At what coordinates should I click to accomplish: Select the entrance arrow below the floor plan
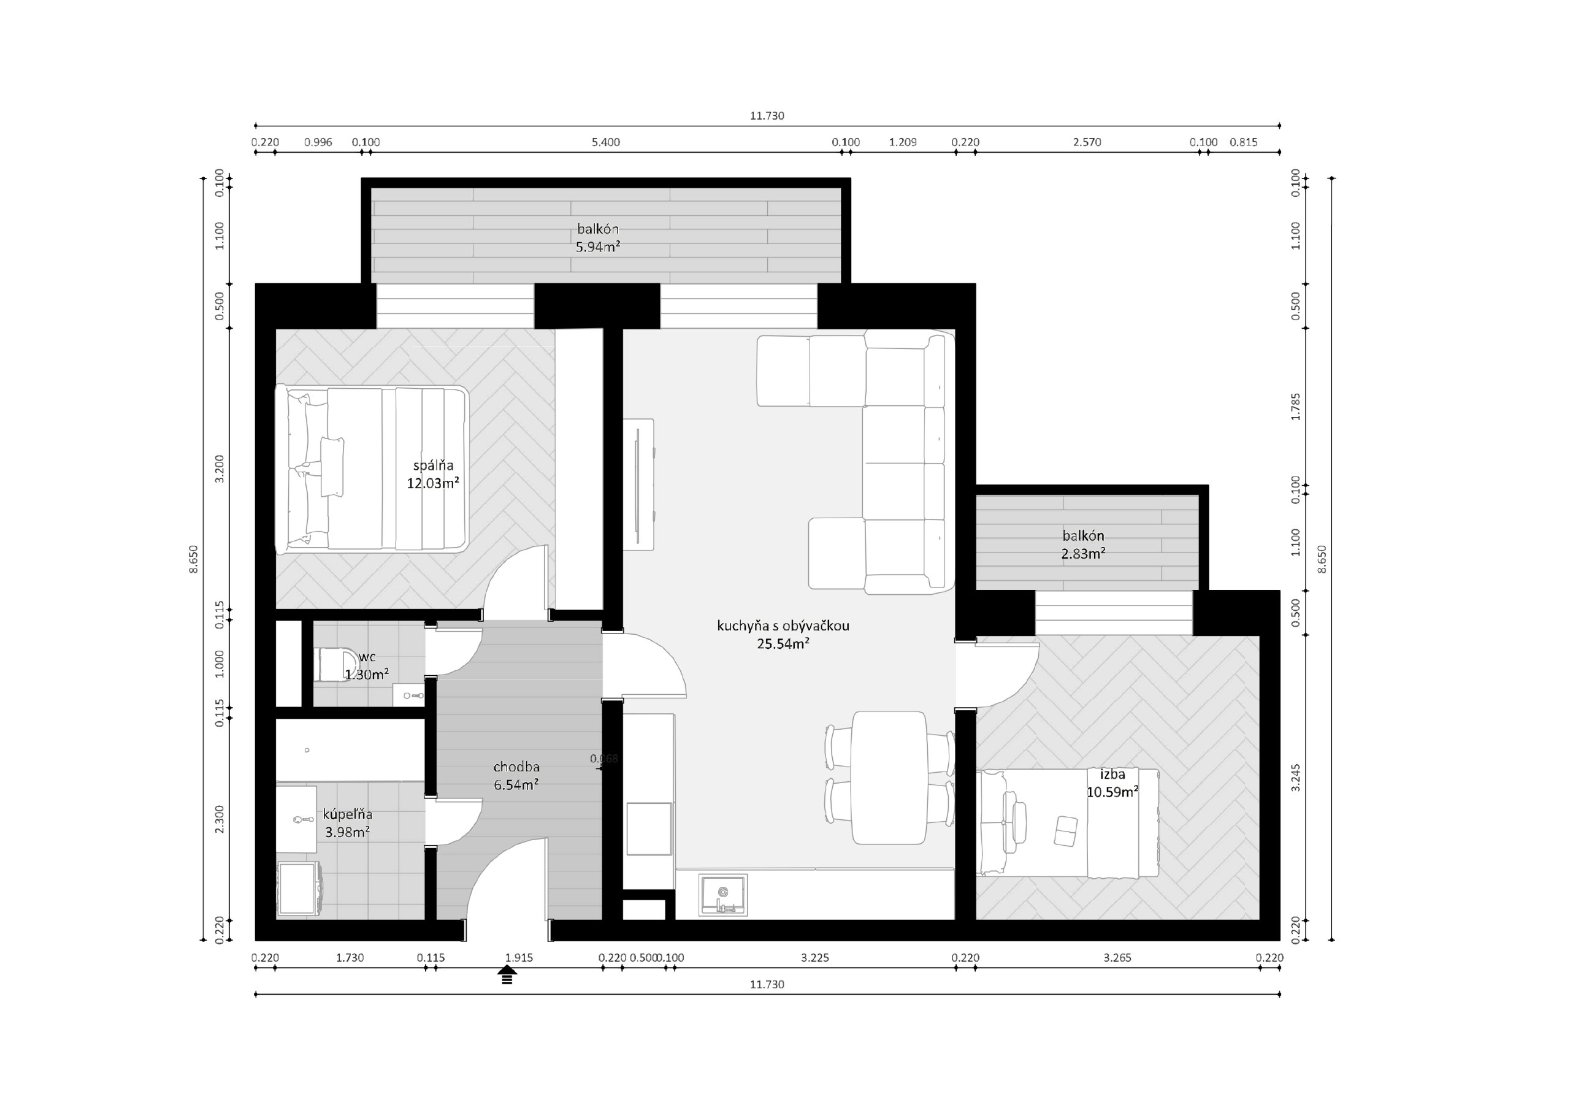pyautogui.click(x=507, y=974)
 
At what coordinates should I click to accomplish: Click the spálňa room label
pyautogui.click(x=433, y=465)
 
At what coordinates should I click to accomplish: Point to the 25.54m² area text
pyautogui.click(x=783, y=643)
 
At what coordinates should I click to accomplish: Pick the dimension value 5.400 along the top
pyautogui.click(x=605, y=142)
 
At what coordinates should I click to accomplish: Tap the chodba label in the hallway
pyautogui.click(x=516, y=767)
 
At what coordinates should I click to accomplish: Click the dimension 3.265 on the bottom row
pyautogui.click(x=1117, y=957)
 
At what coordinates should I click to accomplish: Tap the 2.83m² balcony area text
pyautogui.click(x=1083, y=553)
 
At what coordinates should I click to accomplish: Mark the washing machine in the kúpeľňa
pyautogui.click(x=298, y=889)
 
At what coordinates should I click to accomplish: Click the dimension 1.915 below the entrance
pyautogui.click(x=519, y=957)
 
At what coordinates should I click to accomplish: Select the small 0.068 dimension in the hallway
pyautogui.click(x=604, y=759)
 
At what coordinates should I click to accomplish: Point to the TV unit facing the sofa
pyautogui.click(x=638, y=483)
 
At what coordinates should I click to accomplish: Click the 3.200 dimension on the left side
pyautogui.click(x=220, y=469)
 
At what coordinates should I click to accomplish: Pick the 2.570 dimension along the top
pyautogui.click(x=1087, y=142)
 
